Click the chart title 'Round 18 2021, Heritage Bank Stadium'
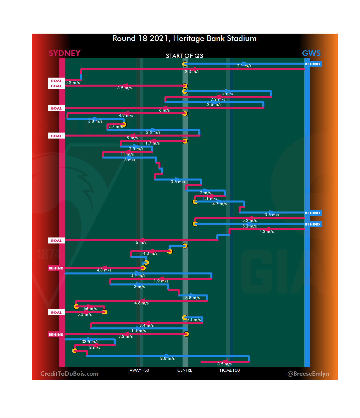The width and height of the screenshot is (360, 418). pos(184,38)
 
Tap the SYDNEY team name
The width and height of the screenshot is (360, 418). pos(64,53)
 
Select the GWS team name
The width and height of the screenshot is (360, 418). pos(311,53)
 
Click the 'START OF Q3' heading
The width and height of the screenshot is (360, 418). pos(184,56)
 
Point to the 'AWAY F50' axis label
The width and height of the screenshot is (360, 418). pos(139,370)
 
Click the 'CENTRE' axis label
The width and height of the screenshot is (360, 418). pos(185,370)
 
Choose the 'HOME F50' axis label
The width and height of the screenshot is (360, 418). pos(230,370)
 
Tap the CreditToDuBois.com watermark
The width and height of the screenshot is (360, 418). pos(69,374)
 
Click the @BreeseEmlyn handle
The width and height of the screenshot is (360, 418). pos(308,374)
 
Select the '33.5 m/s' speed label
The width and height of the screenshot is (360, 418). pos(90,342)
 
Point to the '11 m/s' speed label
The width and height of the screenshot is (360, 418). pos(127,154)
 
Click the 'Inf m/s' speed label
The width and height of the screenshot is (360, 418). pos(90,309)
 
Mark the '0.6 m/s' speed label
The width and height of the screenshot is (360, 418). pos(178,182)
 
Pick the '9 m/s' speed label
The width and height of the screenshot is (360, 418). pos(132,138)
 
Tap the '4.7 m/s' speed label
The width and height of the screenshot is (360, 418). pos(219,204)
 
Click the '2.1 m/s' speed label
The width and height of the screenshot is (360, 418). pos(244,66)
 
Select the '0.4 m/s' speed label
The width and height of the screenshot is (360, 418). pos(193,320)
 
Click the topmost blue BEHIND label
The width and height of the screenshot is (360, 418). pos(312,64)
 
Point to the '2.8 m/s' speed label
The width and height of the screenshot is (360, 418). pos(167,358)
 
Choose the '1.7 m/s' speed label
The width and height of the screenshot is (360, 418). pos(152,143)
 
